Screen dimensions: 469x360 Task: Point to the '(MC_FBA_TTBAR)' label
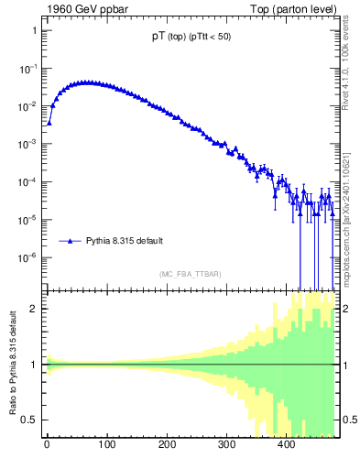tap(190, 274)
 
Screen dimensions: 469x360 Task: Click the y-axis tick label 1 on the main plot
tap(33, 30)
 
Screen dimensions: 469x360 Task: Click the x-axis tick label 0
tap(47, 445)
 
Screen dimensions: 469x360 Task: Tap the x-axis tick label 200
tap(167, 445)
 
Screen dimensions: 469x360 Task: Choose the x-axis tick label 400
tap(287, 445)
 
